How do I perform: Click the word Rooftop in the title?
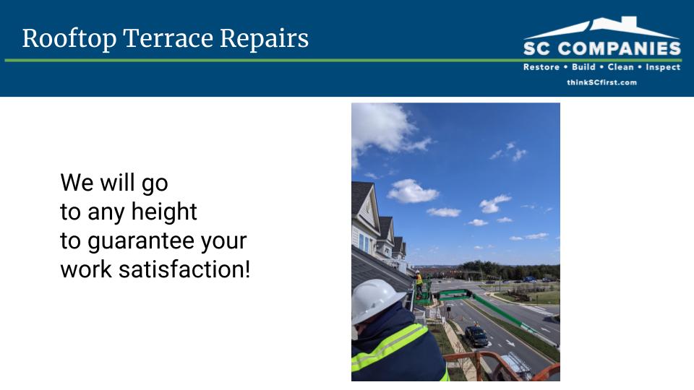coord(69,38)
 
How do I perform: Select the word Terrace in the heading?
coord(168,38)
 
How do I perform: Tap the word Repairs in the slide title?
coord(265,39)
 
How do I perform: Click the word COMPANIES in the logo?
coord(620,48)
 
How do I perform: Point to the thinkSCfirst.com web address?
coord(601,82)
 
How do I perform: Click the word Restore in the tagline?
coord(541,67)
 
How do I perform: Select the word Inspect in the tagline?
coord(663,67)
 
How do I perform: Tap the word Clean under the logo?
coord(620,67)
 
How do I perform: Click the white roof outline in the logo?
coord(602,27)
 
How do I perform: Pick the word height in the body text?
coord(164,212)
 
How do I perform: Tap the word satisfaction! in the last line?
coord(184,269)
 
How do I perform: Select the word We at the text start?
coord(77,182)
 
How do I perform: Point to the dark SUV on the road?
coord(476,336)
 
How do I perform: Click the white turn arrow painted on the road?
coord(510,342)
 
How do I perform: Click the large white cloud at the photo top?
coord(385,129)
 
